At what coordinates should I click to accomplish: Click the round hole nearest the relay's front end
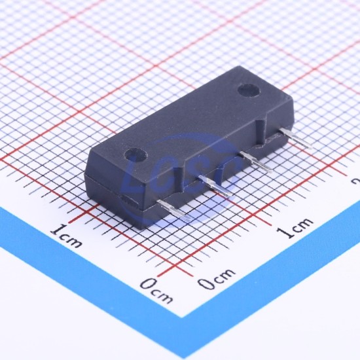click(135, 154)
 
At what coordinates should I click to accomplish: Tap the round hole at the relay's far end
click(249, 90)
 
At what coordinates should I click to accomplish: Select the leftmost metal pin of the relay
click(174, 210)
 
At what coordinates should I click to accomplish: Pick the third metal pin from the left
click(256, 162)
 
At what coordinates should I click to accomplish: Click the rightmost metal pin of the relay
click(296, 138)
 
